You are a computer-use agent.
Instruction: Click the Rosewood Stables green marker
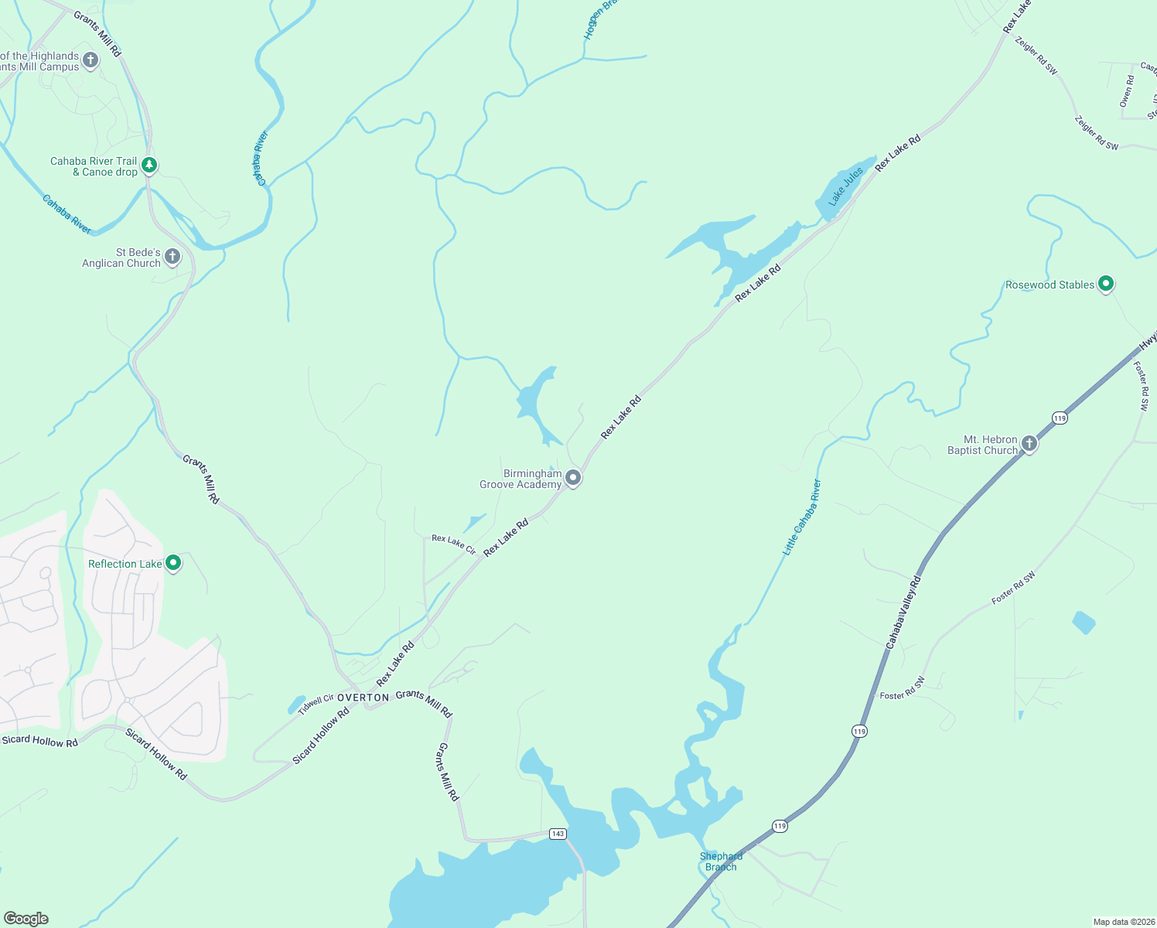1106,284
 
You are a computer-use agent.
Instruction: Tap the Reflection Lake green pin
173,563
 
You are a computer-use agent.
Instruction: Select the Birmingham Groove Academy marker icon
573,478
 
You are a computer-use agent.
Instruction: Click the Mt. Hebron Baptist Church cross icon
1029,443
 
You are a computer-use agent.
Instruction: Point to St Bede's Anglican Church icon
172,256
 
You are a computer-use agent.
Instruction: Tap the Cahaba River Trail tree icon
149,165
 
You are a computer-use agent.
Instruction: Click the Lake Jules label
845,186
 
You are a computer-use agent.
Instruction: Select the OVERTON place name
363,698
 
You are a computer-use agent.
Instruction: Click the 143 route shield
558,834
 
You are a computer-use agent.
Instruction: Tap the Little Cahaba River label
802,517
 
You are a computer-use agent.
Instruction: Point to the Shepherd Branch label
721,861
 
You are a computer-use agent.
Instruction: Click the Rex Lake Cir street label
454,544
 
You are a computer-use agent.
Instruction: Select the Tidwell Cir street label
316,703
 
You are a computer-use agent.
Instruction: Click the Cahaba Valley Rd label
903,612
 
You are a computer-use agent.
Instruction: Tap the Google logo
26,919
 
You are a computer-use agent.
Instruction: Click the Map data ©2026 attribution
1124,922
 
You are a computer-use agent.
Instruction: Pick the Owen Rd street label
1127,91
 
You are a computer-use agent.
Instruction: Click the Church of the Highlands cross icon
90,60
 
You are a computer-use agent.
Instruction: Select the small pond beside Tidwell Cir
296,705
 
